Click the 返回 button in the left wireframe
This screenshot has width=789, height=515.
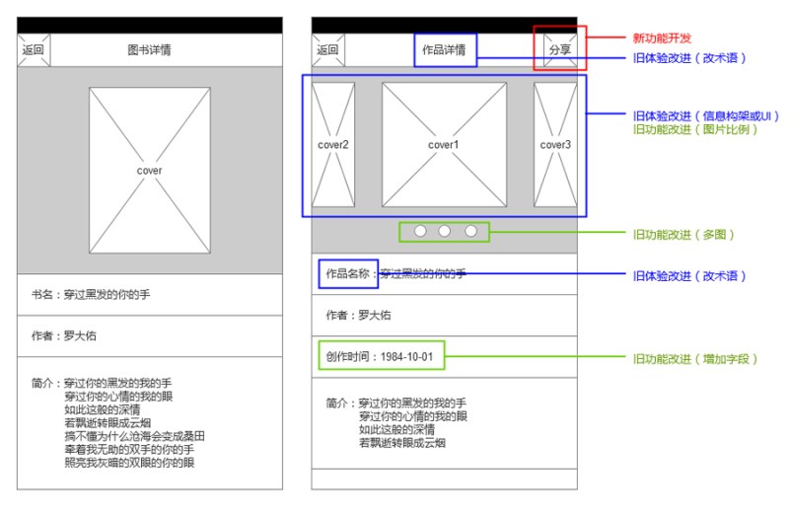click(34, 50)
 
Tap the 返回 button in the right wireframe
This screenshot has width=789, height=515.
click(328, 49)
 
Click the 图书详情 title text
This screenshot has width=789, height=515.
click(149, 50)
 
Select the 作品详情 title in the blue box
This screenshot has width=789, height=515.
click(444, 49)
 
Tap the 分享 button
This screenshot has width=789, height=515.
click(559, 49)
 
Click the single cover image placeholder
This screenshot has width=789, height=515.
click(150, 171)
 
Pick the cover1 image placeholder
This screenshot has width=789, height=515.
click(444, 145)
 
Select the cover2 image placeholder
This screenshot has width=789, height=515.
click(333, 145)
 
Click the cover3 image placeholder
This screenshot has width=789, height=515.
click(555, 145)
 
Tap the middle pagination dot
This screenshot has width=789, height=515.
click(445, 231)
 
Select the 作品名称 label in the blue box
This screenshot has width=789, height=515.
click(348, 273)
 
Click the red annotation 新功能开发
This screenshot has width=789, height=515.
click(662, 37)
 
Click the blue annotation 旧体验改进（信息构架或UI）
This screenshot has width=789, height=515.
click(704, 115)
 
